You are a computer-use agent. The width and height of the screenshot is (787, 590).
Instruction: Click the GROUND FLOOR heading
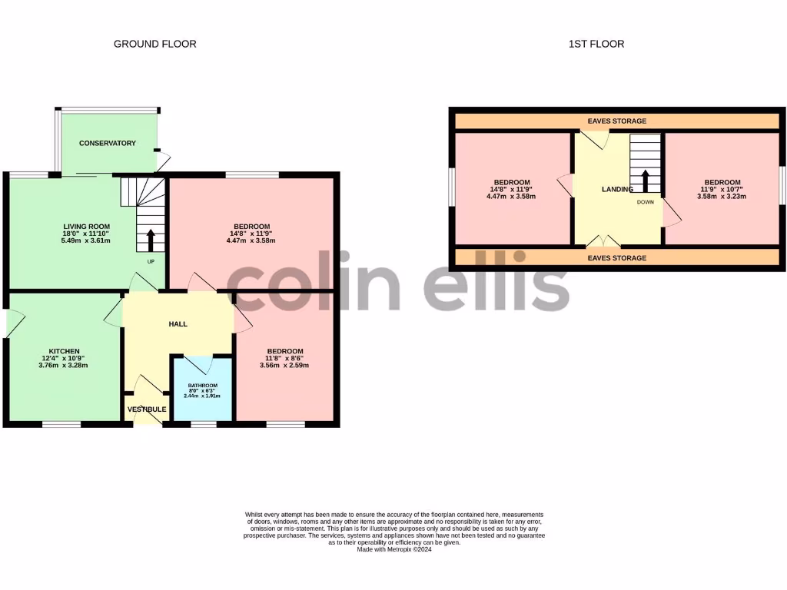(x=154, y=44)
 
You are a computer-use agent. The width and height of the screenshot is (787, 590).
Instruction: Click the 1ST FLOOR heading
(x=596, y=44)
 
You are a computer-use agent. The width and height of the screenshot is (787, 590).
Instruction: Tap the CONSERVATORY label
(x=108, y=143)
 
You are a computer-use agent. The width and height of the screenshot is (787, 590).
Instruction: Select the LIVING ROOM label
(x=86, y=226)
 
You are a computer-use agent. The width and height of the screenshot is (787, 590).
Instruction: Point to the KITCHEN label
(x=65, y=351)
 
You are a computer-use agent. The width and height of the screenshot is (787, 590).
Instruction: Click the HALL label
(x=178, y=323)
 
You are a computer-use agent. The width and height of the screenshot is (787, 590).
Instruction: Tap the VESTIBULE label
(x=147, y=409)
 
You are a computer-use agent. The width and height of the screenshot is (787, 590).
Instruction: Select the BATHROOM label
(x=203, y=386)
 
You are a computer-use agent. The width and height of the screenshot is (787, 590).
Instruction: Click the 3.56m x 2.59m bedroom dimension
(x=284, y=365)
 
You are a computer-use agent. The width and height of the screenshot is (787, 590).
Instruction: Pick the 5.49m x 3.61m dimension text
(x=86, y=240)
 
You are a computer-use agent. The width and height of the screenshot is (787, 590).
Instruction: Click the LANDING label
(x=617, y=189)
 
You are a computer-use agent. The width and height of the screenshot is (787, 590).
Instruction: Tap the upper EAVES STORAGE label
(x=617, y=121)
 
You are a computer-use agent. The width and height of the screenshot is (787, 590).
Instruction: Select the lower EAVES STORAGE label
(x=617, y=258)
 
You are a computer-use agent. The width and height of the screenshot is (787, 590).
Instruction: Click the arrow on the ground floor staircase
(x=150, y=240)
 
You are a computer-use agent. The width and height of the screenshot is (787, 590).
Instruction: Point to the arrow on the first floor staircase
(x=645, y=181)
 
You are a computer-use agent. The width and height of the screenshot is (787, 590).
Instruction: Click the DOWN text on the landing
(x=645, y=203)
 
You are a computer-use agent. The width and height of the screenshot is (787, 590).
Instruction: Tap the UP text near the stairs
(x=151, y=261)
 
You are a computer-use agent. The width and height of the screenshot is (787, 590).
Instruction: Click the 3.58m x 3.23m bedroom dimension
(x=722, y=196)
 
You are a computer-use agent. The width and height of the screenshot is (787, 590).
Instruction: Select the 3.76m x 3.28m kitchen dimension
(x=65, y=365)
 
